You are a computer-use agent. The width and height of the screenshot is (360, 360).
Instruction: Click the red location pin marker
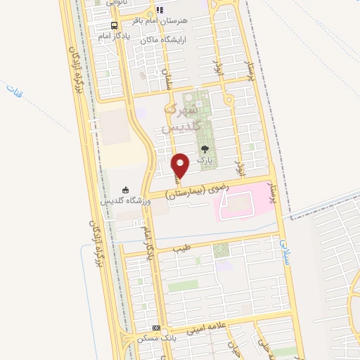[181, 165]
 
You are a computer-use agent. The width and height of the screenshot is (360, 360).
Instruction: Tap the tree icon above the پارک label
[205, 149]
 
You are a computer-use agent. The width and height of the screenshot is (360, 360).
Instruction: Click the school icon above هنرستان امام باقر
[160, 11]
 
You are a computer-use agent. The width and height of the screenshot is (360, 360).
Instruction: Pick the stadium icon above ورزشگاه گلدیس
[125, 189]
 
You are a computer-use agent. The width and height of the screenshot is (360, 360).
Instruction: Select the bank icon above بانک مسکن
[156, 328]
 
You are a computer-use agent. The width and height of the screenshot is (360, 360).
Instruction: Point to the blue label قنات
[14, 91]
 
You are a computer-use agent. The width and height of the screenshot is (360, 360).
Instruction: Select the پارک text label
[205, 161]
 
